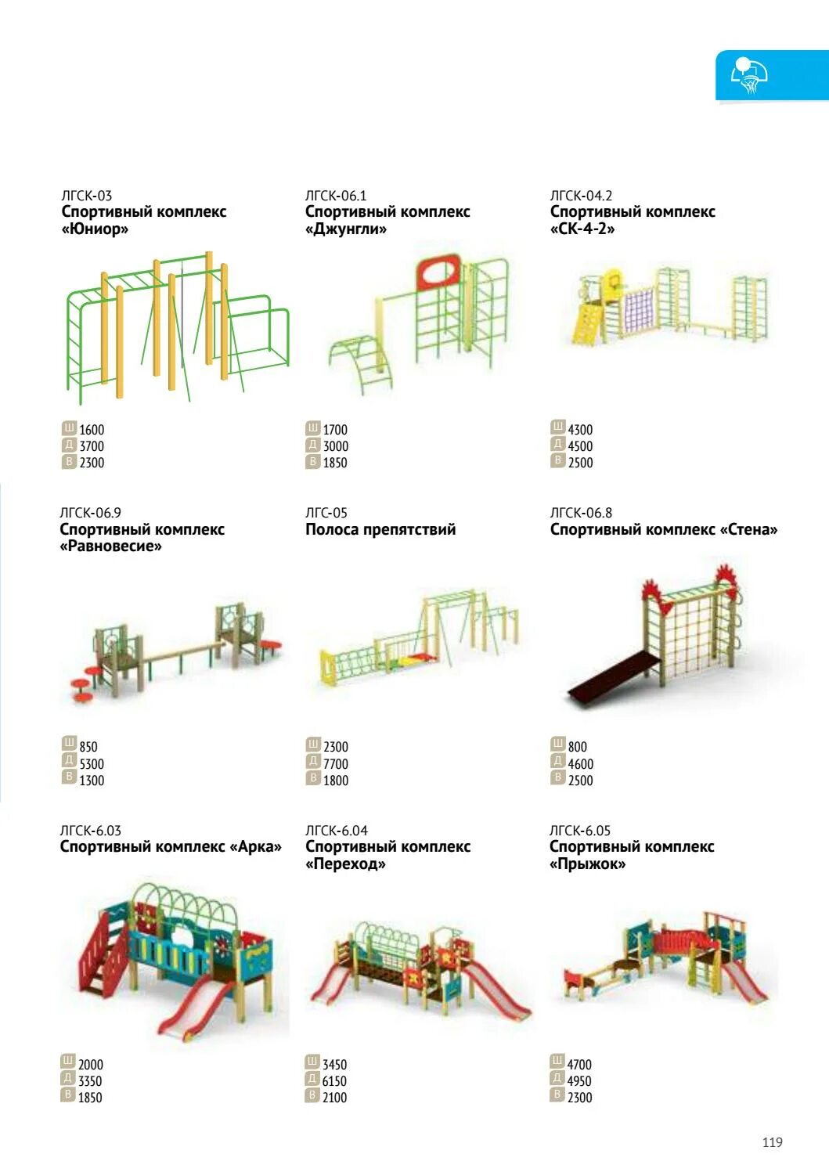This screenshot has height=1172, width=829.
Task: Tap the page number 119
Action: click(772, 1142)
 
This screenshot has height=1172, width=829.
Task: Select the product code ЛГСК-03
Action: click(87, 196)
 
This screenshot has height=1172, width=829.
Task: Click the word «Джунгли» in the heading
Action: click(346, 229)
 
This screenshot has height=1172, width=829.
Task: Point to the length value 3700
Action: click(92, 446)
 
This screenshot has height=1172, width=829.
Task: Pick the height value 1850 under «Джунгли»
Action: click(335, 463)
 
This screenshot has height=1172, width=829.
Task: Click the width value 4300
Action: click(580, 430)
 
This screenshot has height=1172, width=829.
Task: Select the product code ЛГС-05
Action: click(326, 513)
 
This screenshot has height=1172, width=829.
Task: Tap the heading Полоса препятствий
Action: click(380, 530)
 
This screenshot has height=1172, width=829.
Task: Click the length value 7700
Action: click(336, 764)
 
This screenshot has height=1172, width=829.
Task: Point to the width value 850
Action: click(88, 747)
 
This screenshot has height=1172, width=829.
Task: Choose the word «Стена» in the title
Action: click(748, 530)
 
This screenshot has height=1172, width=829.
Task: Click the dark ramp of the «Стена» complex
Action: click(607, 679)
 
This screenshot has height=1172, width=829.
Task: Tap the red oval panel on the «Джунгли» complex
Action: click(438, 273)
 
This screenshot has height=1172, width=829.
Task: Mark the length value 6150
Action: click(334, 1081)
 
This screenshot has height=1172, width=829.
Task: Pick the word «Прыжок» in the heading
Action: click(587, 864)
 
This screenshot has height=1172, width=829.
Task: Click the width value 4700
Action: click(579, 1065)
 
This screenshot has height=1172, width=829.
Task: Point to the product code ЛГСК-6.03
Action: click(90, 831)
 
